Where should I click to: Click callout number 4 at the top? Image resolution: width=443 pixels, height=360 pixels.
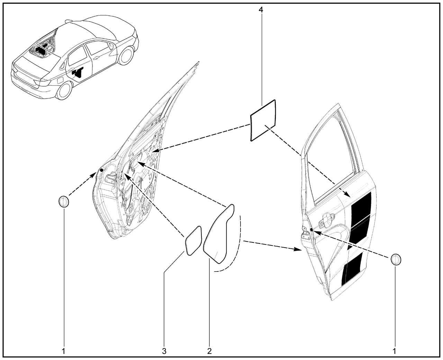point(261,10)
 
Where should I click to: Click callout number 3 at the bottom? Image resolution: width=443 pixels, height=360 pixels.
point(164,351)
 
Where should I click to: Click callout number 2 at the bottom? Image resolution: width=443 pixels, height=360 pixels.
point(209,351)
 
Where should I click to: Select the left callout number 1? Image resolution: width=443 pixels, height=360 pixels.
point(64,351)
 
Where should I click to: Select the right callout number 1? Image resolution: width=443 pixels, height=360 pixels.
point(394,351)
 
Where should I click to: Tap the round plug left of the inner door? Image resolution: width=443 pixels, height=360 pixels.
point(64,201)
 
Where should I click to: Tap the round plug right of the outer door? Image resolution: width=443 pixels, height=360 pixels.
point(396,260)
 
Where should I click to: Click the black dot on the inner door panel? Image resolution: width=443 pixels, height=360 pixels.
point(101,170)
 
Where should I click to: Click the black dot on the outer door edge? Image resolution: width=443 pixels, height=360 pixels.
point(311,230)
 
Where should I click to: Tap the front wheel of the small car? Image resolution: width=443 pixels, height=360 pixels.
point(126,55)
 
